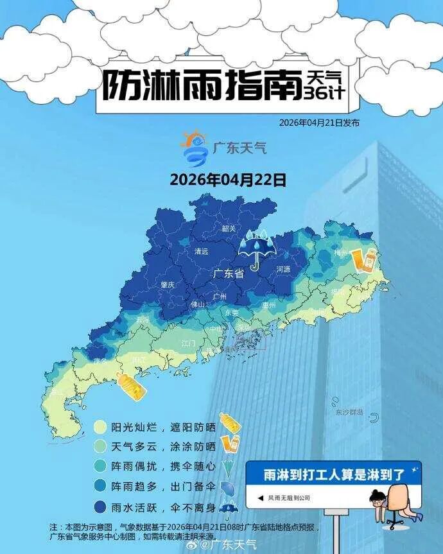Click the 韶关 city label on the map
coord(229,229)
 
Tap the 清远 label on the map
coord(202,252)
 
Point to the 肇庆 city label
coord(167,284)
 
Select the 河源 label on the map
coord(283,269)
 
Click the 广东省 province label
coord(229,274)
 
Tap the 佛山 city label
coord(198,305)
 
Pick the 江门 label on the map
coord(189,343)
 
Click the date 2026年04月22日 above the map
coord(228,179)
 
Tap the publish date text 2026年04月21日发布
coord(319,123)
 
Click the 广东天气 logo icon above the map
coord(194,148)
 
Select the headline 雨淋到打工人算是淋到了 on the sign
coord(334,475)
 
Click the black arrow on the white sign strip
coord(260,498)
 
